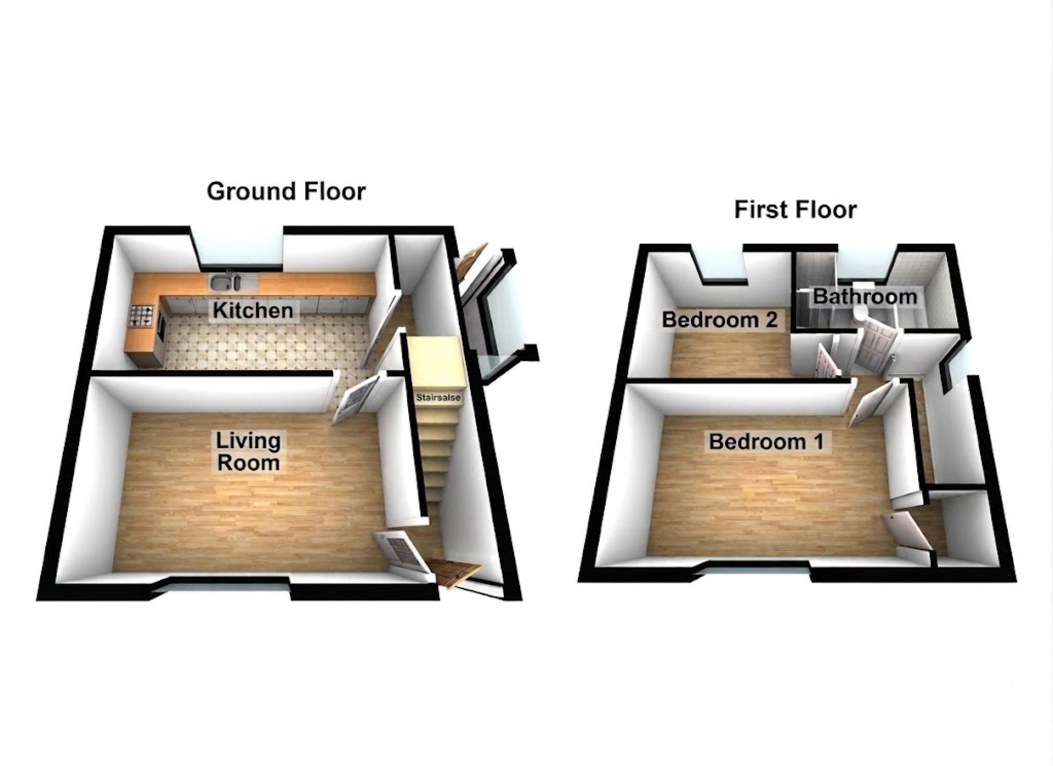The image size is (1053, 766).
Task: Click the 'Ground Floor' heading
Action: pyautogui.click(x=286, y=191)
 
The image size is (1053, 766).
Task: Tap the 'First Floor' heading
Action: pyautogui.click(x=795, y=210)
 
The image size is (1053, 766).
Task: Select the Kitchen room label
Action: pyautogui.click(x=253, y=310)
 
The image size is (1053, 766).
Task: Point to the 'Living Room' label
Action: pyautogui.click(x=249, y=451)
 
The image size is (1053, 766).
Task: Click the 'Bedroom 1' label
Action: pyautogui.click(x=766, y=442)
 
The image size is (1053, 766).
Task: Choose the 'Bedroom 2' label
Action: pyautogui.click(x=720, y=319)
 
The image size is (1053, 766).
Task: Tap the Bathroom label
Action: pyautogui.click(x=865, y=296)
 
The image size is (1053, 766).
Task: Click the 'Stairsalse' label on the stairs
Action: pyautogui.click(x=438, y=398)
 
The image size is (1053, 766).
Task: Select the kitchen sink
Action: pyautogui.click(x=225, y=282)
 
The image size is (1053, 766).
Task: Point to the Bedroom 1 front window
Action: pyautogui.click(x=760, y=570)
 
